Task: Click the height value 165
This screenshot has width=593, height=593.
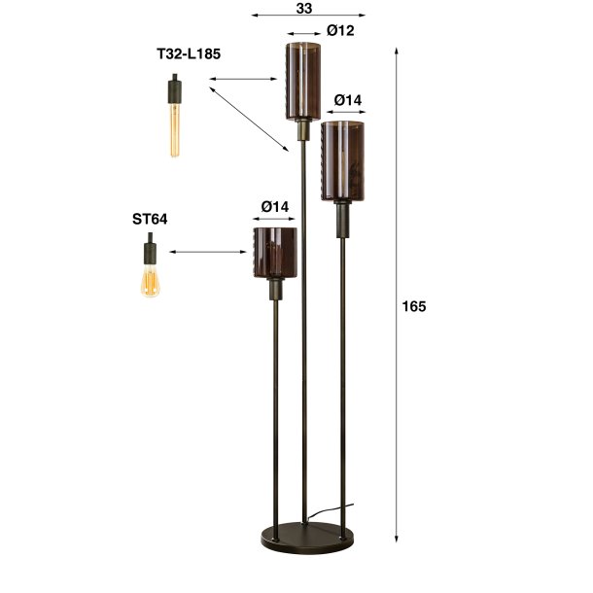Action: tap(413, 306)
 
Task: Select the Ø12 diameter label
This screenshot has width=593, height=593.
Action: tap(340, 31)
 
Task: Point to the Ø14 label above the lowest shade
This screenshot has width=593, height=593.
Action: tap(275, 206)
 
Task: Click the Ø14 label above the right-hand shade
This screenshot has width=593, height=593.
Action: tap(347, 100)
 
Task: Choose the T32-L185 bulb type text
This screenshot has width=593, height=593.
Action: tap(189, 54)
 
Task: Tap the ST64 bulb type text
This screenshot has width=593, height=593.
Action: tap(150, 220)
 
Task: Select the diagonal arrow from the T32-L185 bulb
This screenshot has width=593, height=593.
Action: tap(249, 117)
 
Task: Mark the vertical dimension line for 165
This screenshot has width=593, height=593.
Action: tap(398, 292)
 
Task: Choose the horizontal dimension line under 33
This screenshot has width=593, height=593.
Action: tap(307, 17)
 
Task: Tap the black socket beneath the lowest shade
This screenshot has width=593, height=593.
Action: tap(274, 289)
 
